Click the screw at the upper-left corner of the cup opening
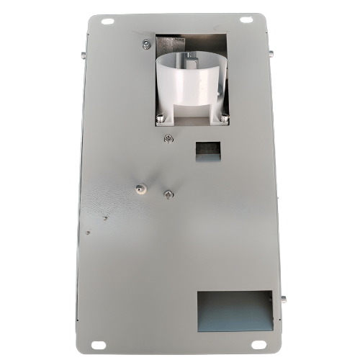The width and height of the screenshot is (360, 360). (147, 45)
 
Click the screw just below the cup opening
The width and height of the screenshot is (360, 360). (168, 139)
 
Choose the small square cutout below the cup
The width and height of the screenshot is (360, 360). (208, 150)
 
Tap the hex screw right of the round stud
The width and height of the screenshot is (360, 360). (168, 194)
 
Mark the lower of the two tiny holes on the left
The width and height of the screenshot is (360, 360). (88, 233)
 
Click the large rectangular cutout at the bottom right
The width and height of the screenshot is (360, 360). (234, 310)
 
